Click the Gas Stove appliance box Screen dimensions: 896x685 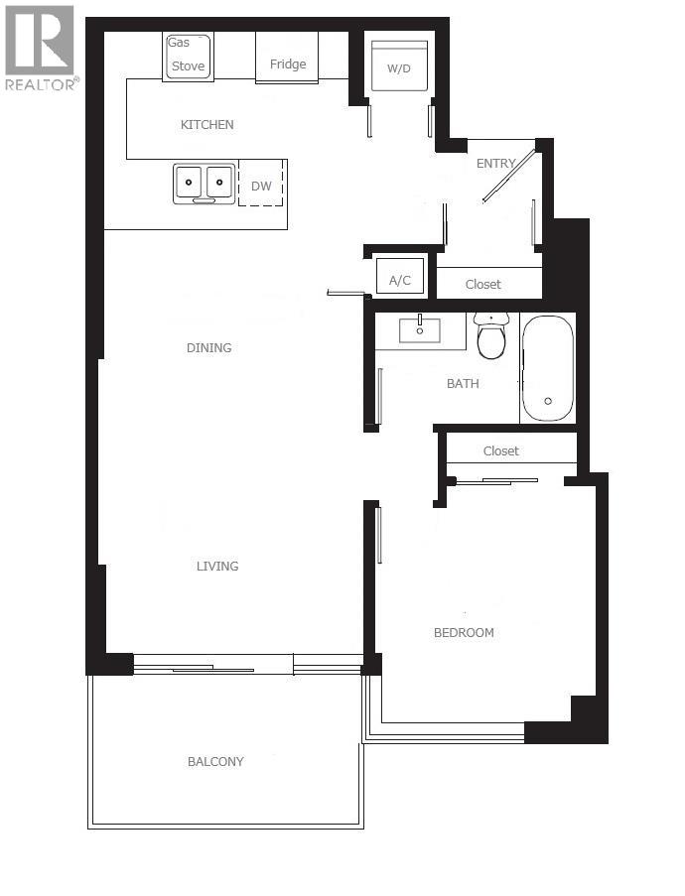(188, 57)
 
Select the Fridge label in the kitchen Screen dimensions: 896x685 (288, 64)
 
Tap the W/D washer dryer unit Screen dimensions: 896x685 (399, 67)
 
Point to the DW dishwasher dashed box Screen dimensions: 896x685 (261, 185)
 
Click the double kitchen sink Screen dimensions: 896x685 (205, 184)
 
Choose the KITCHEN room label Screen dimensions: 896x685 (206, 125)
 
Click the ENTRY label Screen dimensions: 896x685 (496, 164)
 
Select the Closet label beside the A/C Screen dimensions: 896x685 (483, 285)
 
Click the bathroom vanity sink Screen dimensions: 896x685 (420, 329)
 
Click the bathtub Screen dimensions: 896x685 (547, 368)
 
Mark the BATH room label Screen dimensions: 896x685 (463, 384)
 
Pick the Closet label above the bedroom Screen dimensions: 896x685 (501, 451)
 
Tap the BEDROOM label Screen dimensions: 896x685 (464, 633)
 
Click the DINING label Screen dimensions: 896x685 (208, 348)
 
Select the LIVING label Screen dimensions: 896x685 (217, 567)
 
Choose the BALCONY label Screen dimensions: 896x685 (215, 762)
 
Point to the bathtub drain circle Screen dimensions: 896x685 (547, 401)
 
